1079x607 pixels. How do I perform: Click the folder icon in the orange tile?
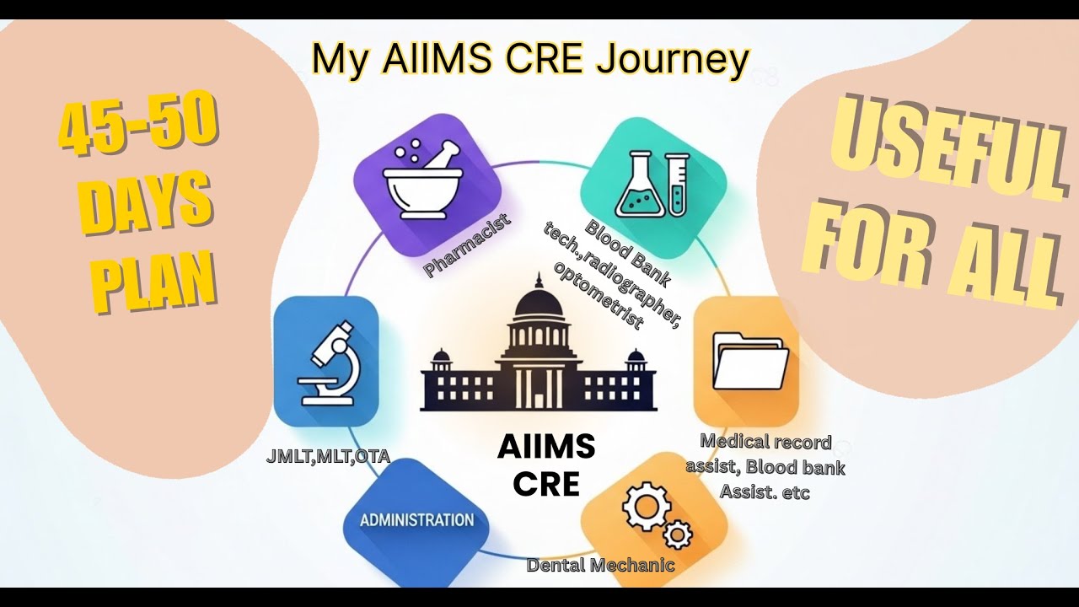749,361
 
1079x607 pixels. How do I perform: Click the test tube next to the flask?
676,183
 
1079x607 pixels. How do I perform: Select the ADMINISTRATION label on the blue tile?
416,519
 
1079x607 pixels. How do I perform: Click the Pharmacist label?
469,245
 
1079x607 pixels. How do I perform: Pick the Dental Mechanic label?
600,565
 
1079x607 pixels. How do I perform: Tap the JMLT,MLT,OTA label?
327,457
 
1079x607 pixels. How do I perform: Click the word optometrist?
599,295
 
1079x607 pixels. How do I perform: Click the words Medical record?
765,442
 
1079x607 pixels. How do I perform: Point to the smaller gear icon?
677,534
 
